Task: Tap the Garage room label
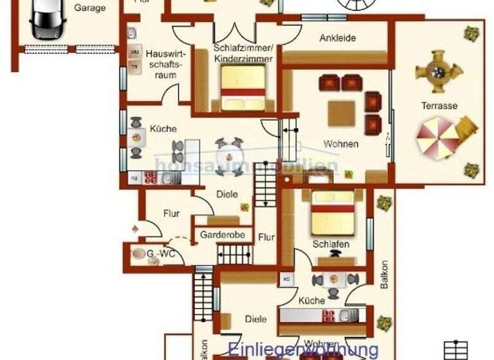click(89, 8)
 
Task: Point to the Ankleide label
click(337, 38)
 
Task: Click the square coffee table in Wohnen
click(342, 113)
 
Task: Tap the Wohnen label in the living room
click(342, 144)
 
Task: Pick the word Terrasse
click(439, 105)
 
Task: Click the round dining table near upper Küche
click(229, 155)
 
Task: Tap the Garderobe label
click(223, 235)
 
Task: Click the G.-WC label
click(160, 255)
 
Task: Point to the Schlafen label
click(331, 244)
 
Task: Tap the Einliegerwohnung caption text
click(303, 350)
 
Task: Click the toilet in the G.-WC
click(138, 254)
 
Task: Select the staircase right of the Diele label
click(264, 184)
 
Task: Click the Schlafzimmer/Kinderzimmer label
click(244, 53)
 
